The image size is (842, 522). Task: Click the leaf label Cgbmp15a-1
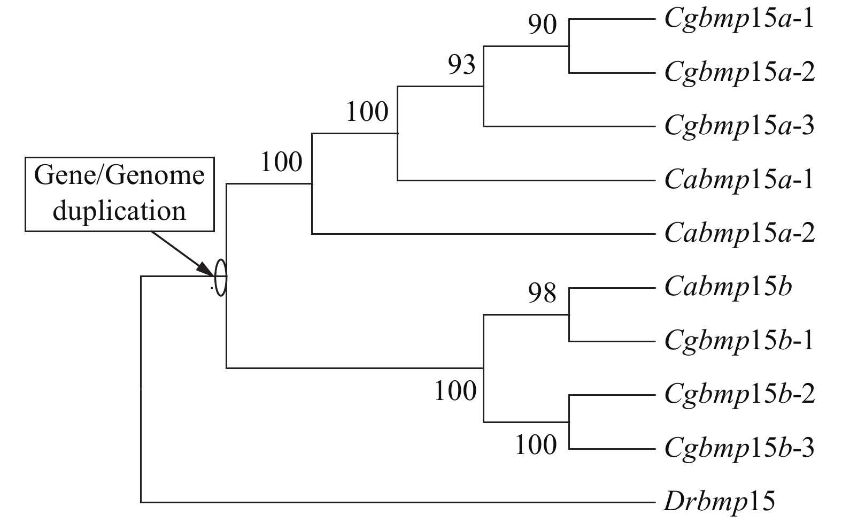click(x=739, y=20)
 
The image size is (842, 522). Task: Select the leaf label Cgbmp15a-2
click(x=739, y=73)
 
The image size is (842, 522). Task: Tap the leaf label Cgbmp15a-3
click(x=739, y=127)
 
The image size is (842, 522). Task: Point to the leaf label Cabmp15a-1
click(x=739, y=180)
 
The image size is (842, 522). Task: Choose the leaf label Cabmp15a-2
click(x=739, y=234)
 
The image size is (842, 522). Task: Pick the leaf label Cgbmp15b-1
click(x=739, y=341)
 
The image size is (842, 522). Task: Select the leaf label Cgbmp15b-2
click(x=739, y=395)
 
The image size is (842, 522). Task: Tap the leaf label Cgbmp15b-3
click(x=739, y=448)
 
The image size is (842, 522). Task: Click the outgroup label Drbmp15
click(x=719, y=502)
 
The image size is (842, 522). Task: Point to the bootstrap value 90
click(x=542, y=25)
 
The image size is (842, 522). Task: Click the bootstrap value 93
click(x=461, y=66)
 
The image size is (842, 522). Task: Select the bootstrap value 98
click(x=542, y=293)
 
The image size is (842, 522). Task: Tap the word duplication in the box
click(x=119, y=211)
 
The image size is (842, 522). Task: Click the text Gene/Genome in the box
click(x=119, y=175)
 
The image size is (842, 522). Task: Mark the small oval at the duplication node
click(x=221, y=277)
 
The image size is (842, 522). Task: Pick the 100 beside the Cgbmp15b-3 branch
click(x=536, y=444)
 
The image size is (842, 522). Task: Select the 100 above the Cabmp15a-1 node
click(x=367, y=112)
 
